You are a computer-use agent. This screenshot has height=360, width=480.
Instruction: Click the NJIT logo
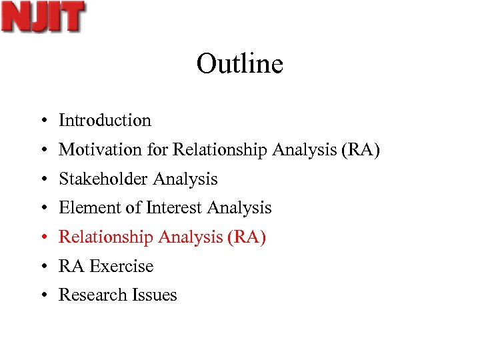(43, 17)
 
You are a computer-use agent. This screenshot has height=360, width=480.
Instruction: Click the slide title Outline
(240, 64)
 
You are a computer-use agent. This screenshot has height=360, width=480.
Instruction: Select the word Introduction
(105, 121)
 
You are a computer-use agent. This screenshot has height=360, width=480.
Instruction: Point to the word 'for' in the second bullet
(158, 150)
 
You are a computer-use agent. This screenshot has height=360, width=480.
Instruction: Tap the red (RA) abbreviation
(247, 237)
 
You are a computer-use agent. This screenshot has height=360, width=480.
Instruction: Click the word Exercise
(121, 267)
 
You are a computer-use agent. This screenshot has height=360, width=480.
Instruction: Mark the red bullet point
(42, 238)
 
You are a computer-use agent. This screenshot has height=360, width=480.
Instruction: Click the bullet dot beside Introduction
(42, 121)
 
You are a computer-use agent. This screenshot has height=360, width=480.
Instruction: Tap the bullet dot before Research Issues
(42, 296)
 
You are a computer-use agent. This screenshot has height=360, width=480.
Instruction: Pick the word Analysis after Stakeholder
(185, 179)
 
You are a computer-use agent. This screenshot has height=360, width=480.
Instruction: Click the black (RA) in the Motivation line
(360, 150)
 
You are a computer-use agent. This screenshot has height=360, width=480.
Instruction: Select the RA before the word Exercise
(71, 267)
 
